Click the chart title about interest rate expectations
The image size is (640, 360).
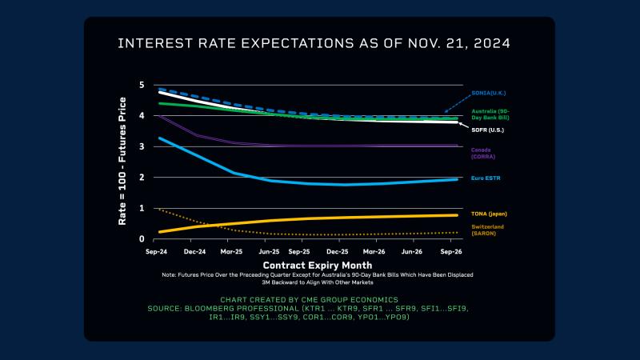pyautogui.click(x=314, y=42)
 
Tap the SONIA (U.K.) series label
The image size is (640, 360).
pyautogui.click(x=487, y=94)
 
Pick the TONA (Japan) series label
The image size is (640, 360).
pyautogui.click(x=489, y=214)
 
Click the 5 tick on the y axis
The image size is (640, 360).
pyautogui.click(x=142, y=85)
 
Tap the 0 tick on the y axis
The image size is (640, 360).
pyautogui.click(x=142, y=239)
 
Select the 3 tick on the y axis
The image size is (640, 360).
pyautogui.click(x=142, y=146)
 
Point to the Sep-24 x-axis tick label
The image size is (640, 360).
pyautogui.click(x=156, y=251)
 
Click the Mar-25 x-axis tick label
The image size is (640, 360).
pyautogui.click(x=231, y=251)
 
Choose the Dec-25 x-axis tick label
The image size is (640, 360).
pyautogui.click(x=338, y=251)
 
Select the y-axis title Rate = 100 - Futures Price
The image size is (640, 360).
pyautogui.click(x=123, y=161)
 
